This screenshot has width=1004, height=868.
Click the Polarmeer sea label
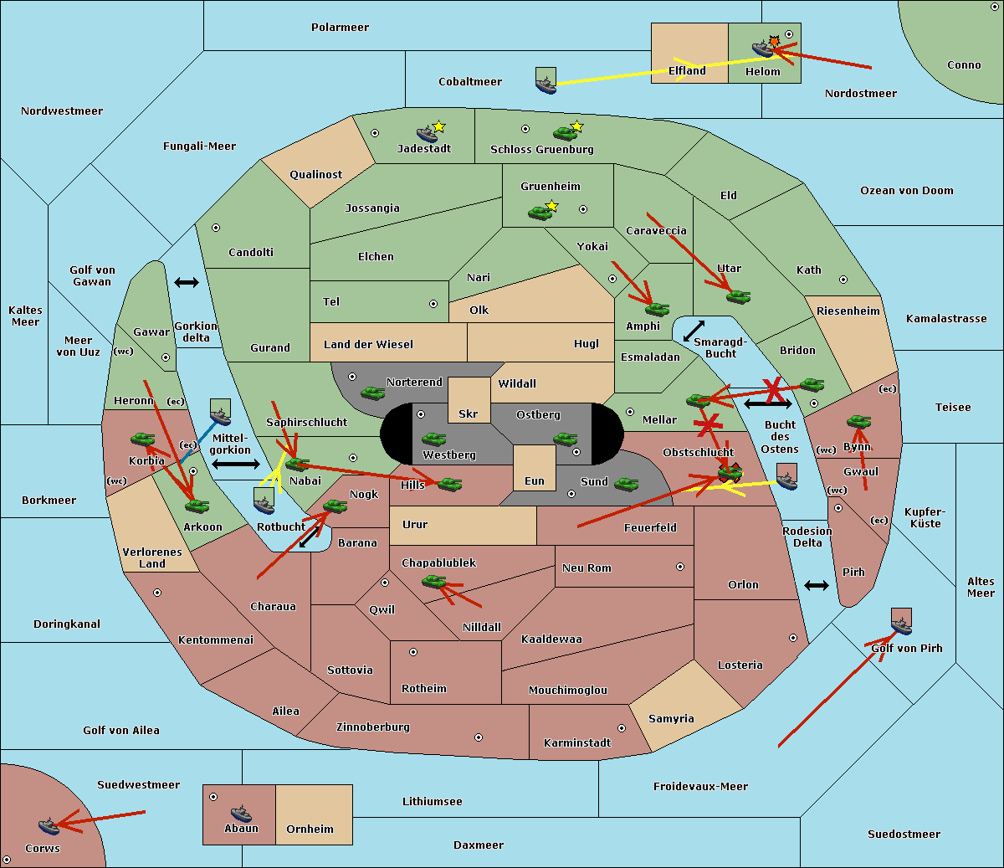tap(340, 28)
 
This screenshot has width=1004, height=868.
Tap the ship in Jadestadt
tap(427, 134)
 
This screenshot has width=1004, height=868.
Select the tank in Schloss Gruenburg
tap(565, 133)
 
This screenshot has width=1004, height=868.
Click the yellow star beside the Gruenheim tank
tap(552, 206)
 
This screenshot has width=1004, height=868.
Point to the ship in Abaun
tap(241, 813)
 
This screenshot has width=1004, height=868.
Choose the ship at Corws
tap(49, 826)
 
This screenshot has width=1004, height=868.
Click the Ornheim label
tap(310, 829)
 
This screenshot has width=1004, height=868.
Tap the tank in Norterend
tap(372, 393)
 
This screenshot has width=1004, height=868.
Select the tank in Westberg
tap(433, 439)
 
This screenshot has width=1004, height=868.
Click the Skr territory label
tap(469, 413)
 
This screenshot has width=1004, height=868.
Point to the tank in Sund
tap(626, 484)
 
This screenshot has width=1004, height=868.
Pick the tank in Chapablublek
tap(433, 581)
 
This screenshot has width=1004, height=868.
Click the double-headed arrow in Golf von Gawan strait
tap(187, 282)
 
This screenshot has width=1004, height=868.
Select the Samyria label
tap(671, 718)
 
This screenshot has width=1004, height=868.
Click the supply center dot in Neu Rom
tap(680, 567)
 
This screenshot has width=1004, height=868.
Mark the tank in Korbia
tap(143, 439)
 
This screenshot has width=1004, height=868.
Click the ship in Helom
tap(762, 49)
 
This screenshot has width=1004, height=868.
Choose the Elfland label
tap(687, 71)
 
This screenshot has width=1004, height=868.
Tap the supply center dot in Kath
tap(843, 280)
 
